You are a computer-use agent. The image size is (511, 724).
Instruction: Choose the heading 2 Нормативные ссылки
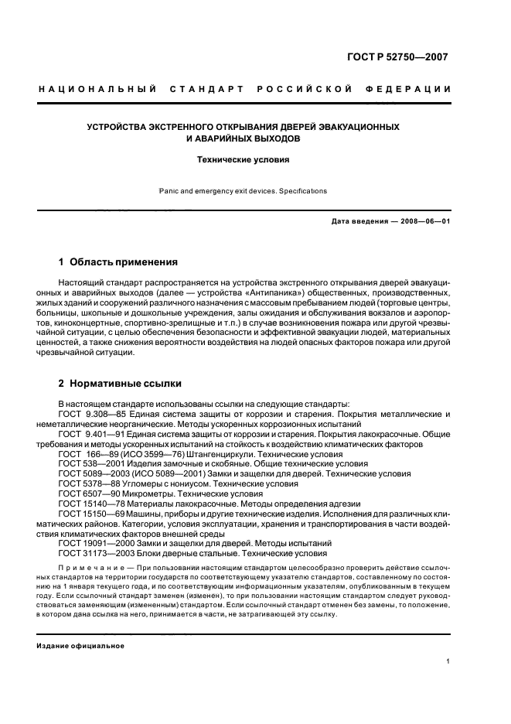click(x=121, y=383)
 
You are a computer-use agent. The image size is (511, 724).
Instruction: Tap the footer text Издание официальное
click(x=80, y=646)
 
